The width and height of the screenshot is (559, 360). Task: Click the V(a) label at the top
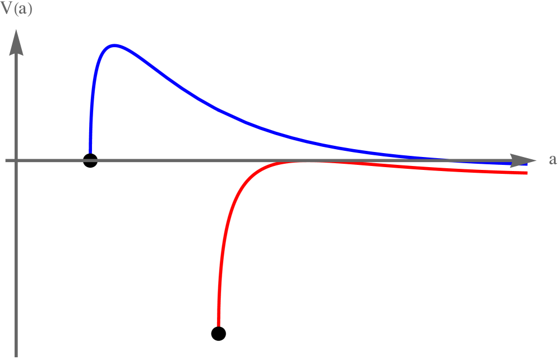click(x=17, y=10)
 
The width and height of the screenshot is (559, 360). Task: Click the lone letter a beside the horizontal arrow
click(x=552, y=160)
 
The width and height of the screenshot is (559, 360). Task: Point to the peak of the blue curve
click(x=115, y=45)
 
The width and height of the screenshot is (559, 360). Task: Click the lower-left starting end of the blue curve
click(x=90, y=151)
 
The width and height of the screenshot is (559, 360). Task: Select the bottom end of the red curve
click(x=218, y=324)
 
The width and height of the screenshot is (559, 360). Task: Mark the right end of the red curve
click(x=526, y=173)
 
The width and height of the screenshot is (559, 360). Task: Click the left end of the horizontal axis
click(x=6, y=161)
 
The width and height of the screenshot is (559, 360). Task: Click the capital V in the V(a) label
click(x=7, y=10)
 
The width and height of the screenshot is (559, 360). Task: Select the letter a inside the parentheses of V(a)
click(x=22, y=11)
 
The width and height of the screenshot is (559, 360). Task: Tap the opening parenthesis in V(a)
click(x=16, y=11)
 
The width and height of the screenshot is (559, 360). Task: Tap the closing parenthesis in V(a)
click(x=29, y=11)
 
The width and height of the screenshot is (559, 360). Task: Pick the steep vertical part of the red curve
click(x=221, y=264)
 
